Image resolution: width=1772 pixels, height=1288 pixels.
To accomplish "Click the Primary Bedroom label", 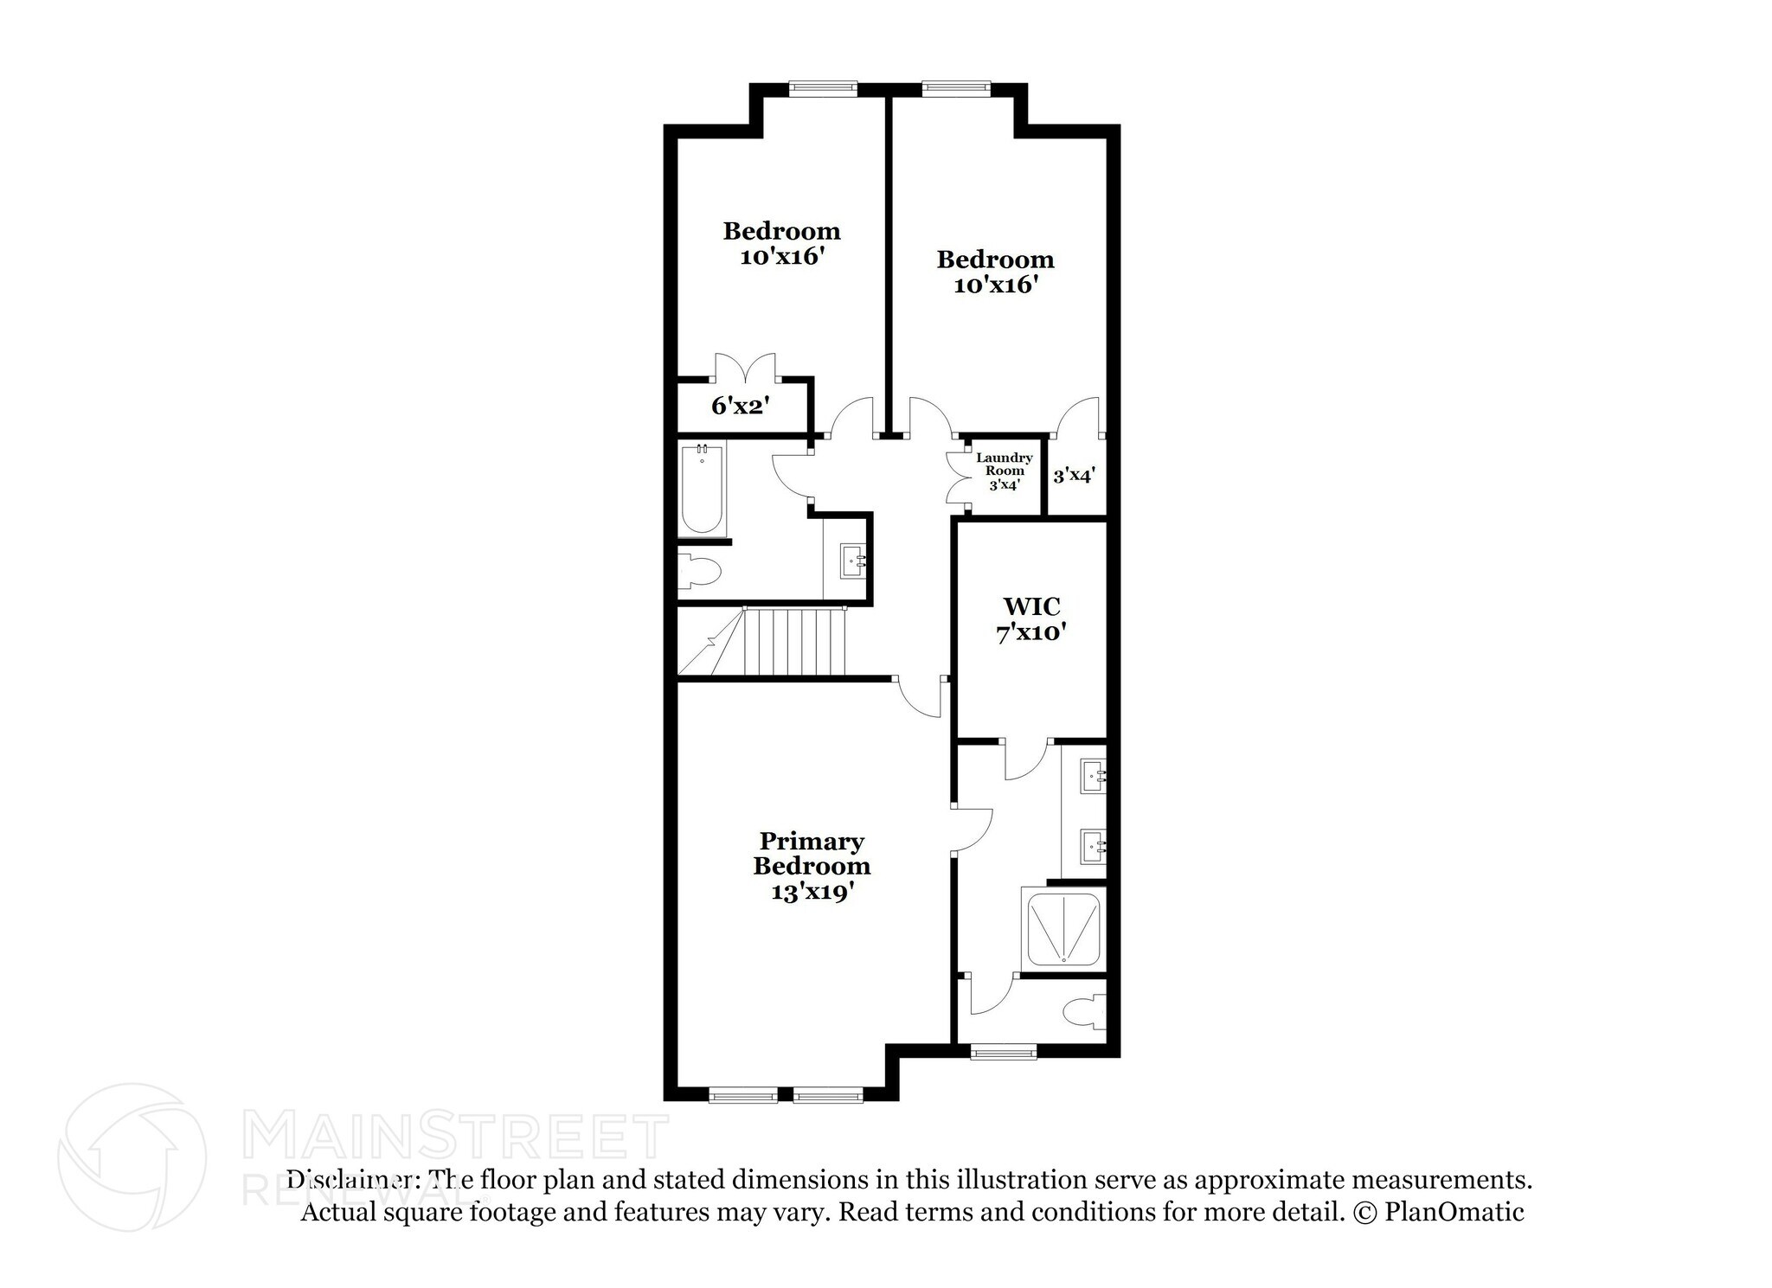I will coord(812,853).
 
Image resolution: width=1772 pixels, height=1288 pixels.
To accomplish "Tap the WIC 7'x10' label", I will coord(1030,619).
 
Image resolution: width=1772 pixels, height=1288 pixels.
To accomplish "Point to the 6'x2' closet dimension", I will coord(741,405).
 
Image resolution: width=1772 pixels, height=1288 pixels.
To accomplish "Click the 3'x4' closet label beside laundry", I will coord(1075,476).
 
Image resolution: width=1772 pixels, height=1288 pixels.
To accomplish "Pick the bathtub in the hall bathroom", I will coord(702,490).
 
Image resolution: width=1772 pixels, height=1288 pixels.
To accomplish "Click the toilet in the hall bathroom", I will coord(701,570).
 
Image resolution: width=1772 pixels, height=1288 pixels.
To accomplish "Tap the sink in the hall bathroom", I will coord(852,561).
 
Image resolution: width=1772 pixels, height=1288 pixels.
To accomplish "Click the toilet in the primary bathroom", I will coord(1085,1011).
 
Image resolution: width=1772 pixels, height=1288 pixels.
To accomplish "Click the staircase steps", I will coord(794,642).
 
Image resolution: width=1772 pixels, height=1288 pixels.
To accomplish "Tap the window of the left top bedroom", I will coord(823,87).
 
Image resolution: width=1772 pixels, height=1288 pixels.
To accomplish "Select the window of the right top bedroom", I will coord(955,87).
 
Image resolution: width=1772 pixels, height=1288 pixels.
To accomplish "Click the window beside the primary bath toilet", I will coord(1003,1052).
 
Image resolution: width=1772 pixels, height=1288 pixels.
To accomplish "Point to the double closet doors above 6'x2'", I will coord(745,368).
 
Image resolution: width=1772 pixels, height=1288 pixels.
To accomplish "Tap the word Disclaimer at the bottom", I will coord(351,1179).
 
